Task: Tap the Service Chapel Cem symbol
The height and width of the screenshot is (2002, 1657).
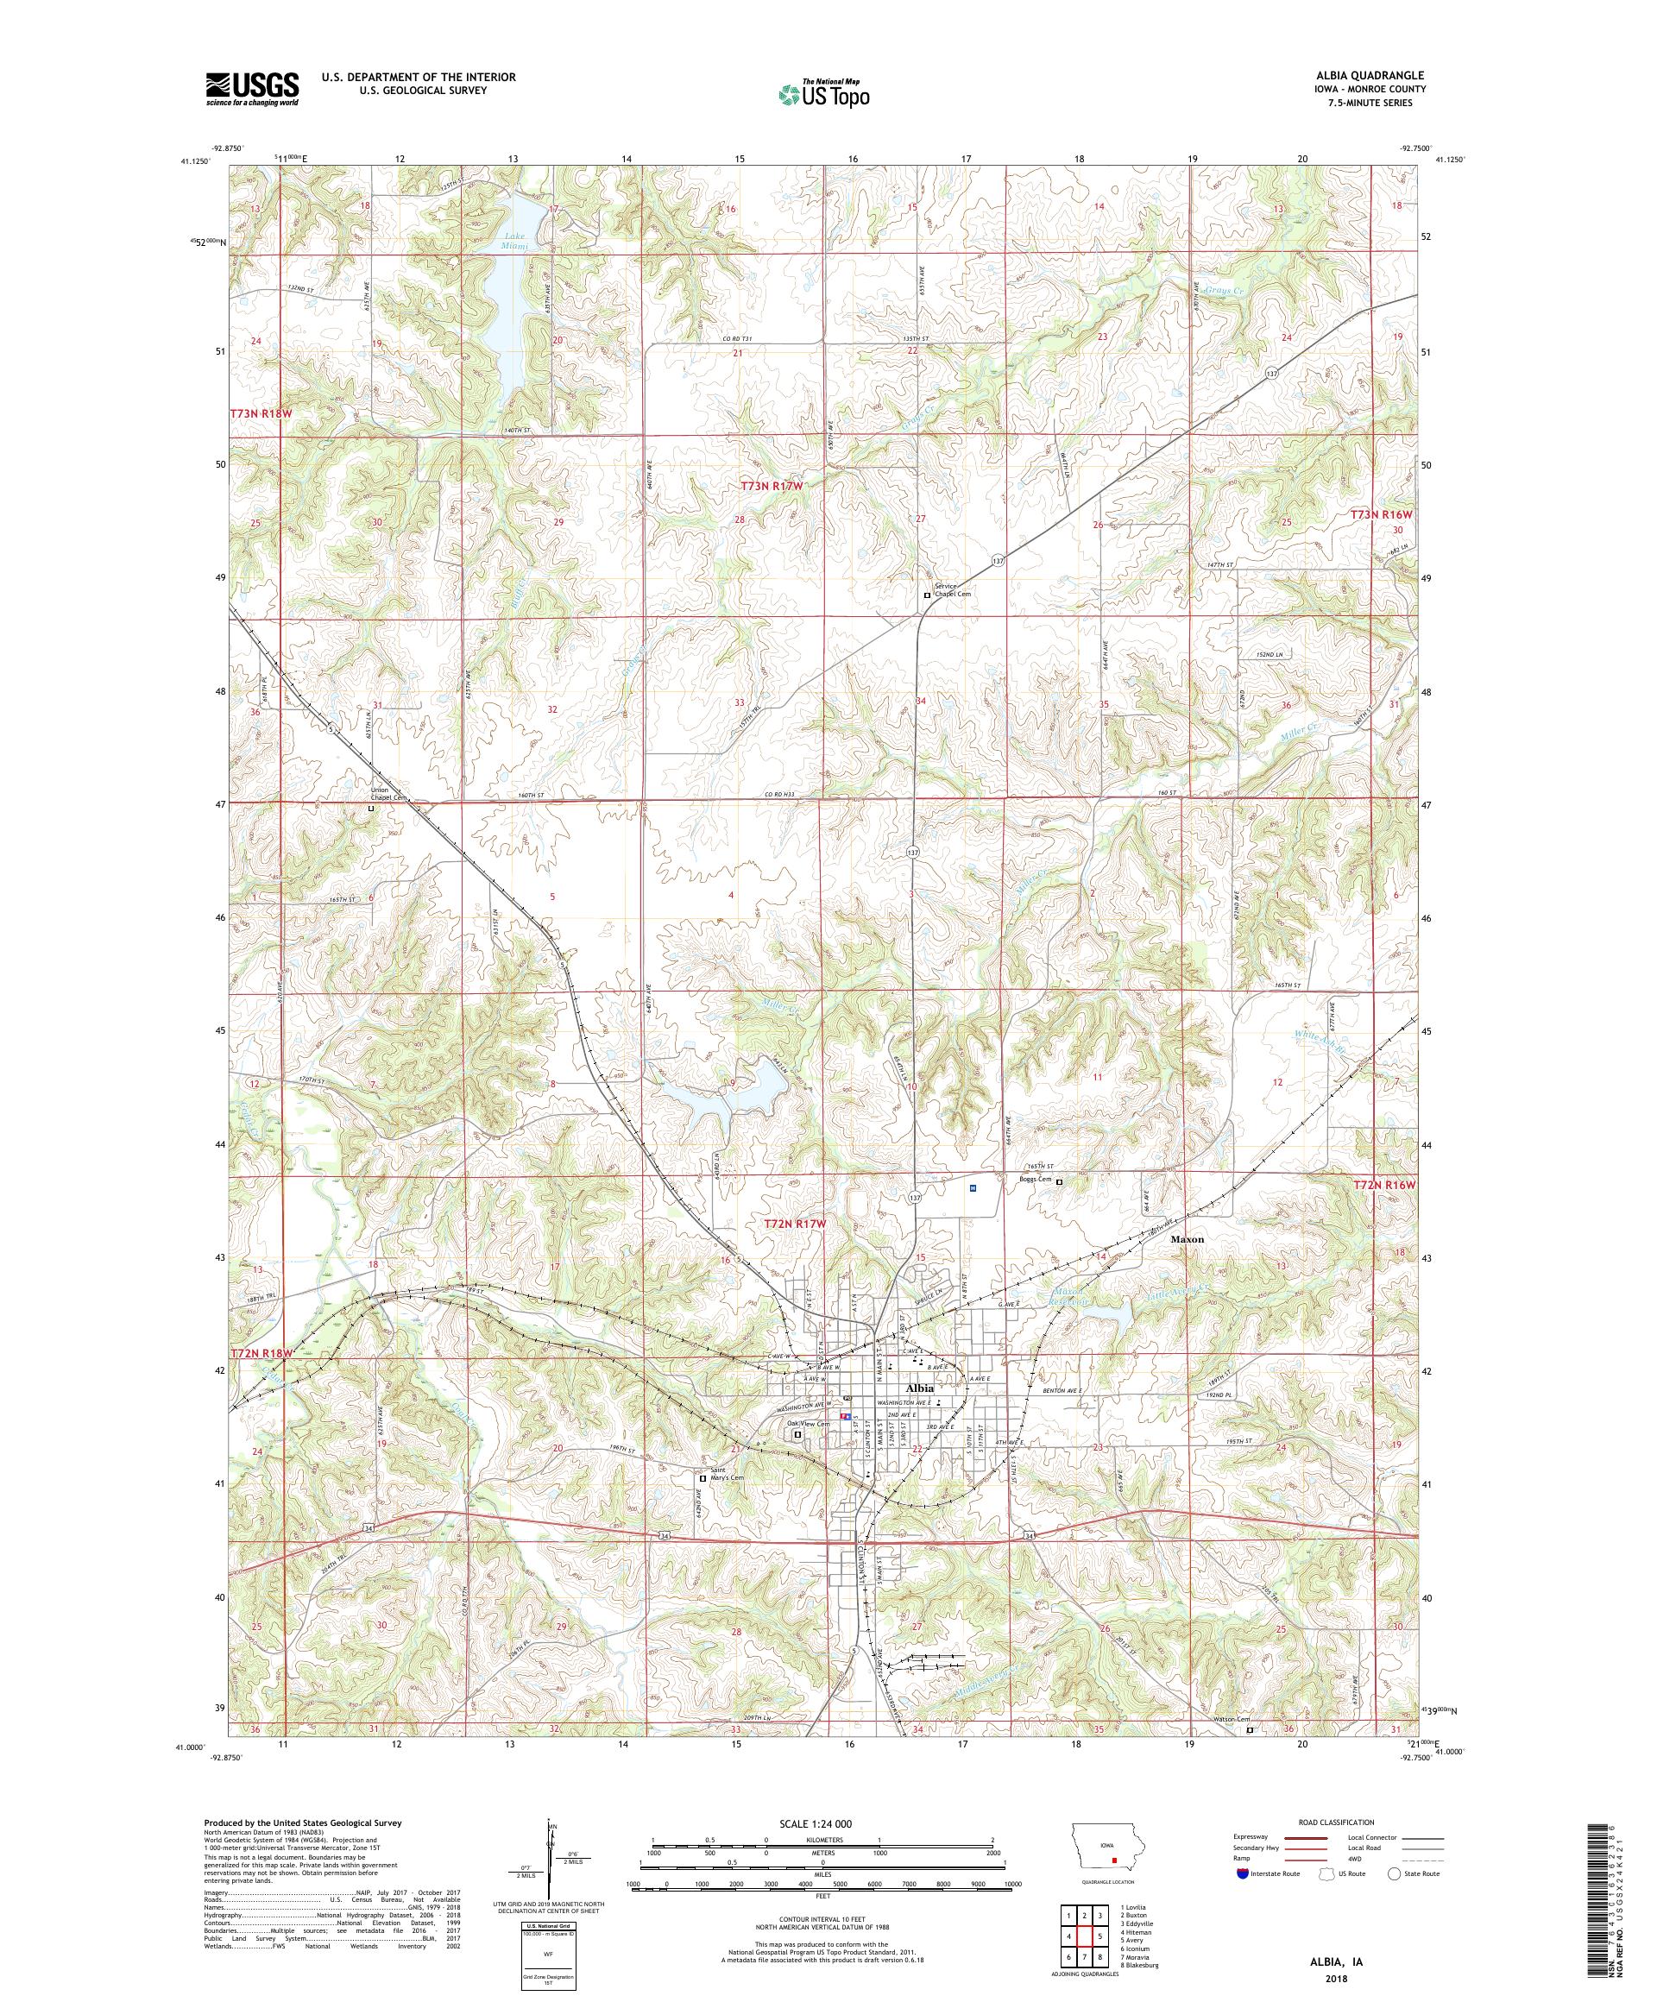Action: (x=927, y=595)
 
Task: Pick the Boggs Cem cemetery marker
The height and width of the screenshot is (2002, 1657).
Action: (x=1058, y=1181)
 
